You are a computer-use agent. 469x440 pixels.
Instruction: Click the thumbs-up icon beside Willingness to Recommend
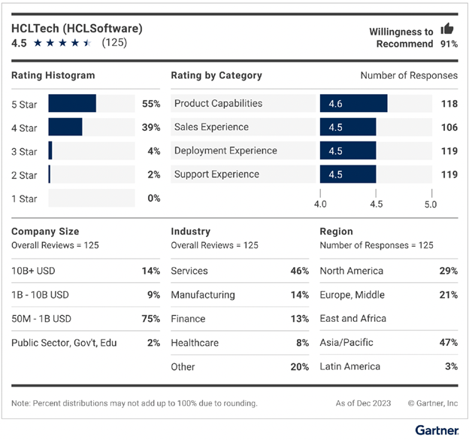(x=448, y=29)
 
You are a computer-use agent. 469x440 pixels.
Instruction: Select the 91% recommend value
(x=447, y=44)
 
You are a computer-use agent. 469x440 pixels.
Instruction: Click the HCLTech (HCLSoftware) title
(x=77, y=28)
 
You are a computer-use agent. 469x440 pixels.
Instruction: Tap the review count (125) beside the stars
(x=114, y=43)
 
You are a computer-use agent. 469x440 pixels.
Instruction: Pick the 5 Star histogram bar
(x=72, y=103)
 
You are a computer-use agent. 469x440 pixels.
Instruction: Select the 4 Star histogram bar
(x=65, y=127)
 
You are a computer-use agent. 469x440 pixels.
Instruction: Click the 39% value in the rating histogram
(x=151, y=127)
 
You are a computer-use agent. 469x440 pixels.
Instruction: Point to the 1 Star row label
(x=24, y=199)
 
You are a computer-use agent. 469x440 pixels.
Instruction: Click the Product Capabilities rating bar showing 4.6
(x=353, y=103)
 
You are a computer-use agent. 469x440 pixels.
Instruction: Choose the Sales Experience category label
(x=211, y=127)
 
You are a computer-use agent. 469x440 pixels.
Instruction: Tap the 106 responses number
(x=449, y=127)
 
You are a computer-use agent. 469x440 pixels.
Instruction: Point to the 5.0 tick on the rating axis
(x=431, y=204)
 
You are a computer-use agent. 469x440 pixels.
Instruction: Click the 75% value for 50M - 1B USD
(x=151, y=319)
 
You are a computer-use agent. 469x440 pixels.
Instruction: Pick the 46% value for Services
(x=300, y=271)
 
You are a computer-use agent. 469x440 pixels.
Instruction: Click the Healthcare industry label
(x=195, y=343)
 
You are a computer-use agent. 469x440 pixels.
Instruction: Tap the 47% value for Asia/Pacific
(x=449, y=343)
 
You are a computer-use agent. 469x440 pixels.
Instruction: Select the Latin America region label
(x=351, y=367)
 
